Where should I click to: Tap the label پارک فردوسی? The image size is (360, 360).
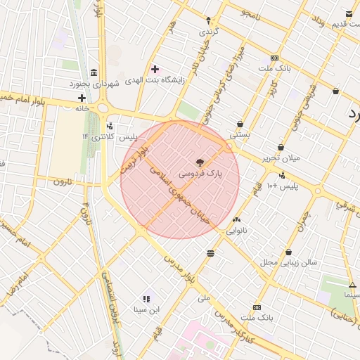click(199, 173)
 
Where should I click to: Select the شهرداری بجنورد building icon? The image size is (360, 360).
click(94, 73)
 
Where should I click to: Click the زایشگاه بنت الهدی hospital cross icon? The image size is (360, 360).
click(155, 69)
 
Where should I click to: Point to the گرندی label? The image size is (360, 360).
click(208, 32)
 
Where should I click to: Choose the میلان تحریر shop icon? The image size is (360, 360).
click(281, 147)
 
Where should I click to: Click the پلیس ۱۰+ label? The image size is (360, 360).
click(298, 186)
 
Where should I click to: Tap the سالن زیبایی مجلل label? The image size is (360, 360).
click(289, 262)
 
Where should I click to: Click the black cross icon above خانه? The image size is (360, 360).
click(82, 98)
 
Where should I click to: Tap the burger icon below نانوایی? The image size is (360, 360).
click(211, 253)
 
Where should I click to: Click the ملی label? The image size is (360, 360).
click(204, 298)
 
